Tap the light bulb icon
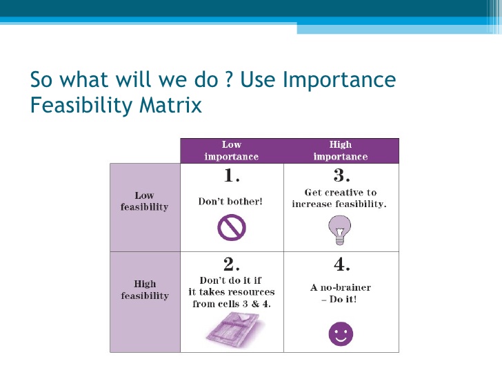340,230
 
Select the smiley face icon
341,334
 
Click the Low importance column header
232,151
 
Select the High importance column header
341,151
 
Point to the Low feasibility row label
144,201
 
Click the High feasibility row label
145,289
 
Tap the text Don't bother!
230,202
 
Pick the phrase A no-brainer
341,287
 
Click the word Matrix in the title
170,104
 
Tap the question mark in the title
228,79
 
